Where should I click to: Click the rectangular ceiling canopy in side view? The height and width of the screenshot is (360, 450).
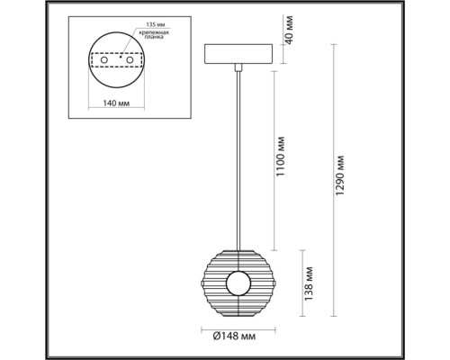[x=238, y=53]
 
